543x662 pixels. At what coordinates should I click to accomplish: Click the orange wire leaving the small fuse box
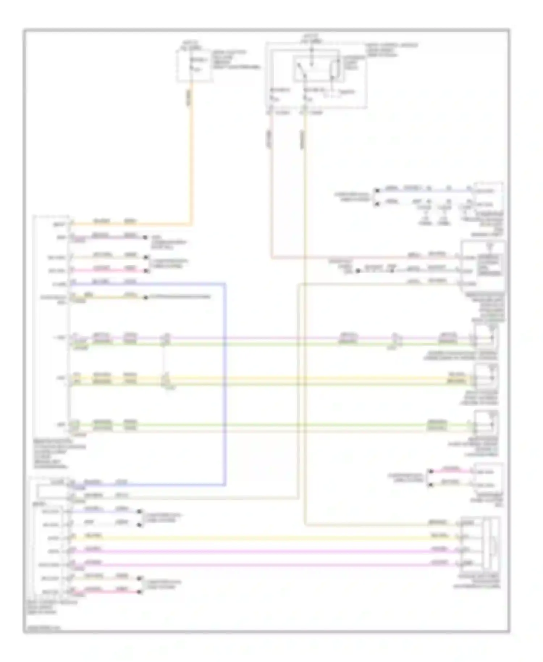(191, 152)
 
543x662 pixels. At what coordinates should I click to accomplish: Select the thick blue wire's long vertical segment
(225, 384)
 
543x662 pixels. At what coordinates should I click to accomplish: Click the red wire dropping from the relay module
(271, 181)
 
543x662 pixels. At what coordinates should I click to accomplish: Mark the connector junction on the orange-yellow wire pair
(165, 380)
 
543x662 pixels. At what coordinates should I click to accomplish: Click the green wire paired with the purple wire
(253, 344)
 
